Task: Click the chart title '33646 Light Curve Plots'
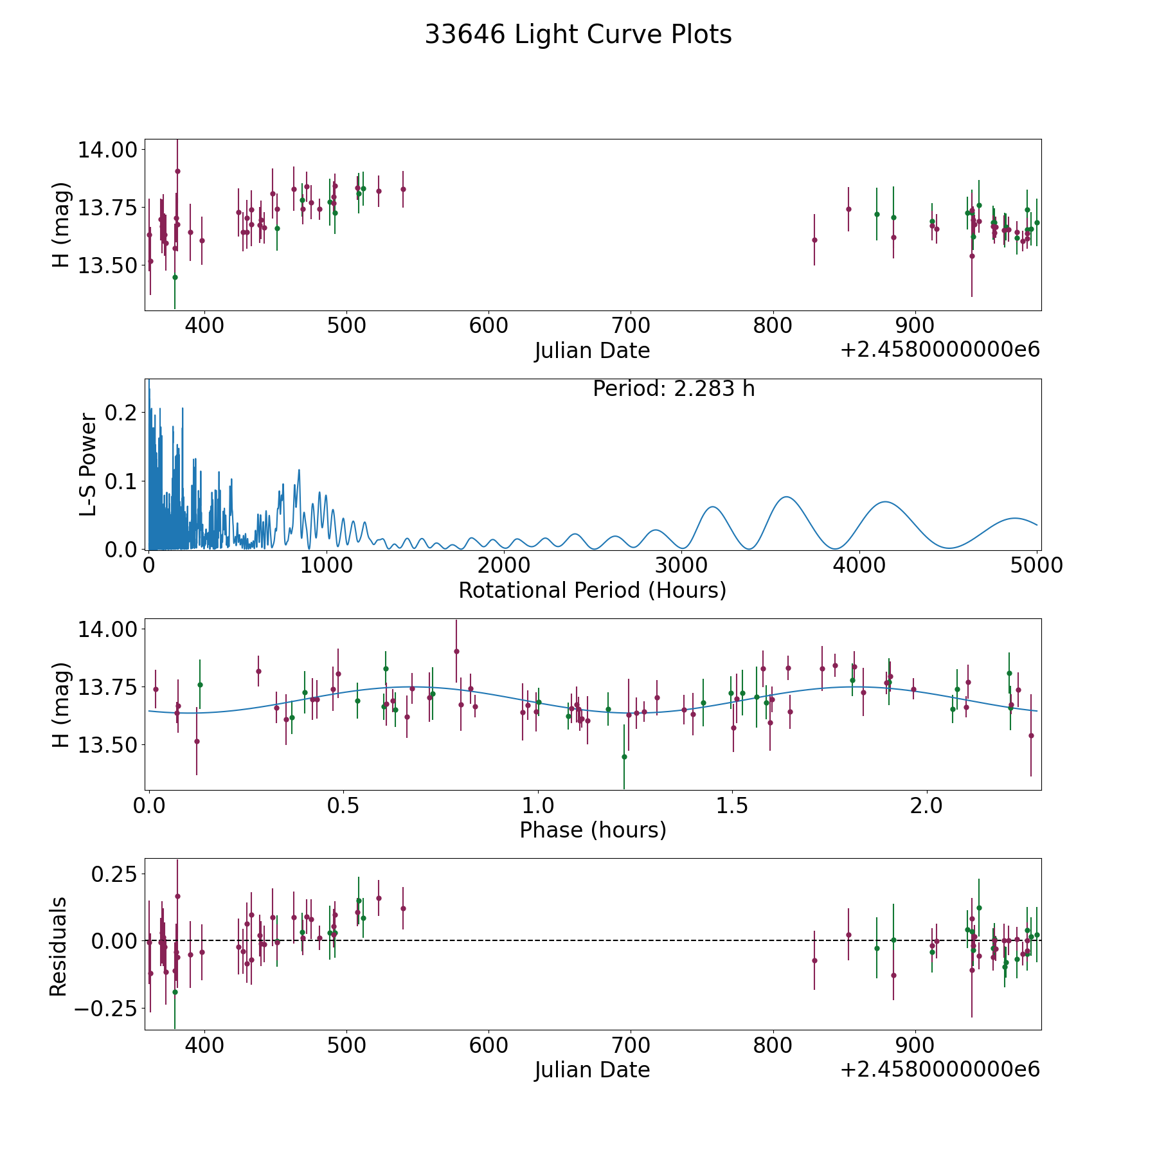click(x=578, y=35)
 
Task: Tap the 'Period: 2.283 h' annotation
click(x=674, y=389)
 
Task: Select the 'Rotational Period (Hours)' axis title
click(x=592, y=590)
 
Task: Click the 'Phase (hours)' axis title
click(x=592, y=830)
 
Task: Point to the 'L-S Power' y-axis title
click(x=89, y=465)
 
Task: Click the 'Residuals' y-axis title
click(x=58, y=946)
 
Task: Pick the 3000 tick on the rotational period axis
click(x=681, y=566)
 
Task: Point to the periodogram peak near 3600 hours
click(x=785, y=497)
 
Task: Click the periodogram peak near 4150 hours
click(x=885, y=501)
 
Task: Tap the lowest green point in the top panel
click(x=175, y=277)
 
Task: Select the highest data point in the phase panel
click(x=456, y=651)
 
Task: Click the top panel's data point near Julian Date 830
click(x=814, y=240)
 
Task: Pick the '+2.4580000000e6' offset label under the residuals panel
click(x=939, y=1070)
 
